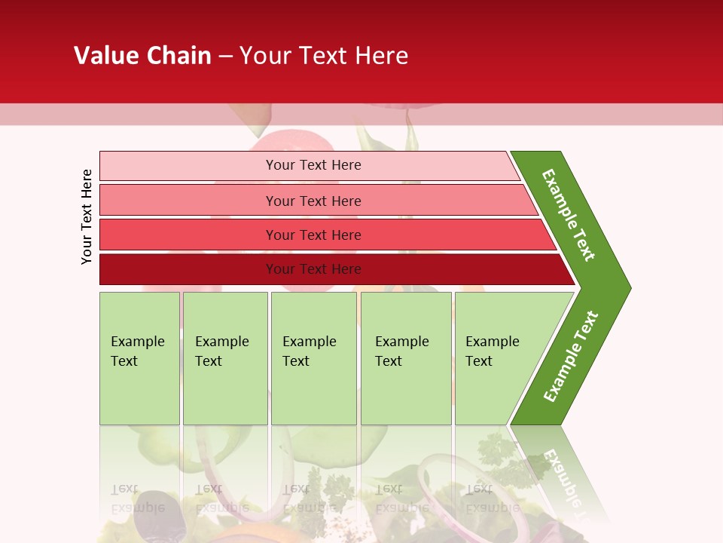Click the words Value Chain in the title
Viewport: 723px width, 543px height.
point(142,55)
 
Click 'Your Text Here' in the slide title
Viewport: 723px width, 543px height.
point(324,55)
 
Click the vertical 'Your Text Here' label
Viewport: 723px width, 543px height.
point(87,216)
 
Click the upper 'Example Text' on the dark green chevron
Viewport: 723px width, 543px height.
point(569,215)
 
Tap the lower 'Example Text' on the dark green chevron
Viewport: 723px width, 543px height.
point(571,356)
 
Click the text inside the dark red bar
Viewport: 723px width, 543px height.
point(313,269)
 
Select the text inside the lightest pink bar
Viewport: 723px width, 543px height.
point(313,165)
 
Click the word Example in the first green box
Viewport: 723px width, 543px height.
point(137,342)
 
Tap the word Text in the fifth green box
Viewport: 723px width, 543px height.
point(479,361)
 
